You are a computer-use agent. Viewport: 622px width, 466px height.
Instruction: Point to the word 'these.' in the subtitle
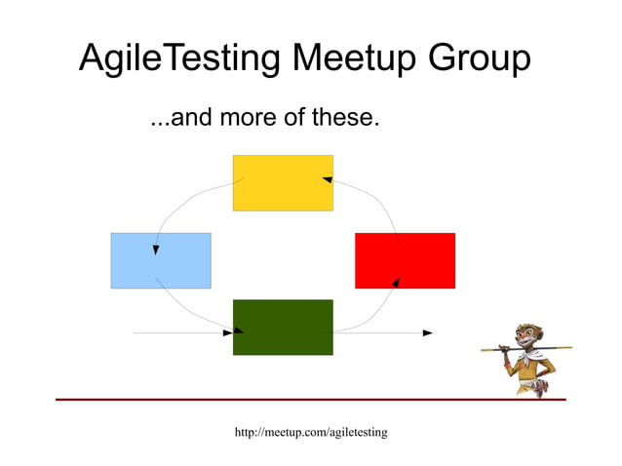click(343, 120)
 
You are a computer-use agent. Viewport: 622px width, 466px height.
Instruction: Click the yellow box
click(283, 182)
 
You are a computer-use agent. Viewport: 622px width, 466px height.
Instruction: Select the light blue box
click(161, 260)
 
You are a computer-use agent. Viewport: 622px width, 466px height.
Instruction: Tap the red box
click(405, 260)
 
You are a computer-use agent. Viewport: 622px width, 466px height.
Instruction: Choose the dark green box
click(283, 327)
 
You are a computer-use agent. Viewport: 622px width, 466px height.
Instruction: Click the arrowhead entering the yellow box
click(329, 179)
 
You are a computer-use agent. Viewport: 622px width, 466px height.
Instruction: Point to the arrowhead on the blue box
click(156, 250)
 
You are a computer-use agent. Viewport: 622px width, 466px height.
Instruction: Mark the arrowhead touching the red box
click(396, 282)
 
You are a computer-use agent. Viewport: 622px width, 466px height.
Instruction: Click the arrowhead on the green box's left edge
click(227, 332)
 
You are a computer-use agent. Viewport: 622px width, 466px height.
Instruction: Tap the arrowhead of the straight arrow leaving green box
click(427, 332)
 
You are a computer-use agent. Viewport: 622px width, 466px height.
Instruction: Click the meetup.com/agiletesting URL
click(311, 431)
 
